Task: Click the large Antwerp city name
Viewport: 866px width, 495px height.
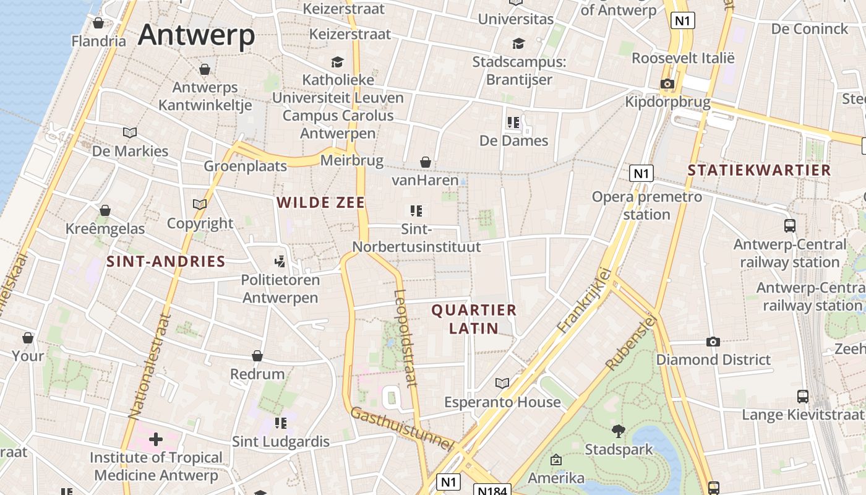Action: point(196,35)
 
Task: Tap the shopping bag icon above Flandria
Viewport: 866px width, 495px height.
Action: point(98,23)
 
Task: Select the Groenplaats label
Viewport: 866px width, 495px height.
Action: point(246,166)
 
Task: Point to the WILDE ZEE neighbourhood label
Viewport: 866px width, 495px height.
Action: point(320,202)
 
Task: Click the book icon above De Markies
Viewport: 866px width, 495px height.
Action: point(130,132)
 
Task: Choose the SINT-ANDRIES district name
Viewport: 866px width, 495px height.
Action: point(166,261)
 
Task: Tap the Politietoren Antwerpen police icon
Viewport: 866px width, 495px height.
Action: point(280,262)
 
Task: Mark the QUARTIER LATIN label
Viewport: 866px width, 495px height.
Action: point(474,319)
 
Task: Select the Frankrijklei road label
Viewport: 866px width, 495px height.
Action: point(584,301)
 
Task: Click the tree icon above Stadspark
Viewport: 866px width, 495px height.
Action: point(618,431)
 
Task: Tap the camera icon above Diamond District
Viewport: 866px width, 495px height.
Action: point(713,342)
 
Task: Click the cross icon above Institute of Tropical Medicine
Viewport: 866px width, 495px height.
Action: point(155,439)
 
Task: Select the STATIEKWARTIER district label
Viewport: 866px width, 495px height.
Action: point(759,170)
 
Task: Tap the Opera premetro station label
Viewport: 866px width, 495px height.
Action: point(646,205)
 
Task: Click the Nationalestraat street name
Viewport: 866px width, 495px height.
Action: point(148,366)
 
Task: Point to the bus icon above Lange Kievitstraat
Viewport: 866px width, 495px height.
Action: point(802,397)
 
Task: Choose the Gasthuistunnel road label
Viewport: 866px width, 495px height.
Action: point(403,428)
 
